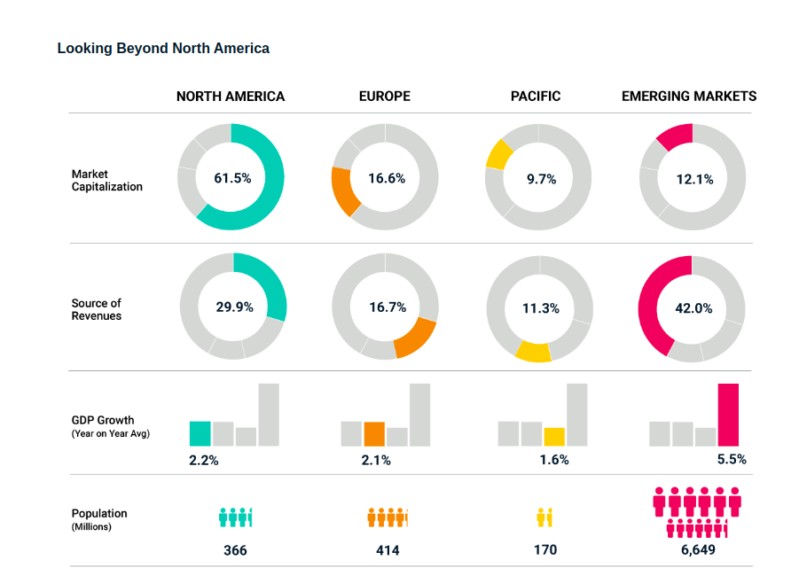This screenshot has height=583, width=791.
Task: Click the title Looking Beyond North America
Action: (x=163, y=48)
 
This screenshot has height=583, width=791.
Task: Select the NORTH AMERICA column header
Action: (x=231, y=96)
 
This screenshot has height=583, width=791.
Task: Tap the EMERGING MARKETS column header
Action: (x=689, y=96)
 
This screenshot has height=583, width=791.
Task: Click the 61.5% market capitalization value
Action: (x=232, y=178)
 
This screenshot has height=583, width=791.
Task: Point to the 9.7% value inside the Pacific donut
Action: (x=541, y=179)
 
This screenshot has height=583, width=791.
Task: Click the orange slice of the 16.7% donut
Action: (x=416, y=338)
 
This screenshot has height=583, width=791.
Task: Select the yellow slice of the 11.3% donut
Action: (x=533, y=352)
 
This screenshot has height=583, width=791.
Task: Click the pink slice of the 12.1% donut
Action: (x=674, y=136)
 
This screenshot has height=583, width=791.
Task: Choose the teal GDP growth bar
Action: (x=200, y=433)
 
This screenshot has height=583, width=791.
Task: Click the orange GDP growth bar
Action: (x=374, y=433)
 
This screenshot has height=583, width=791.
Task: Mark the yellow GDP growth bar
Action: (x=554, y=436)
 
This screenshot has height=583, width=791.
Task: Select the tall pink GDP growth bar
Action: (x=728, y=415)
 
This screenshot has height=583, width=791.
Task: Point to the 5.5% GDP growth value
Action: (x=732, y=460)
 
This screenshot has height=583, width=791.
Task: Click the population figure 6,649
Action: (x=698, y=550)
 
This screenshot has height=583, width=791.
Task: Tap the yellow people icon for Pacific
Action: (x=544, y=517)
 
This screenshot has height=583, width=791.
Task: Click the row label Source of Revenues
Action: (x=97, y=309)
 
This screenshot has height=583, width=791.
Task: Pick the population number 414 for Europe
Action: (x=388, y=550)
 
